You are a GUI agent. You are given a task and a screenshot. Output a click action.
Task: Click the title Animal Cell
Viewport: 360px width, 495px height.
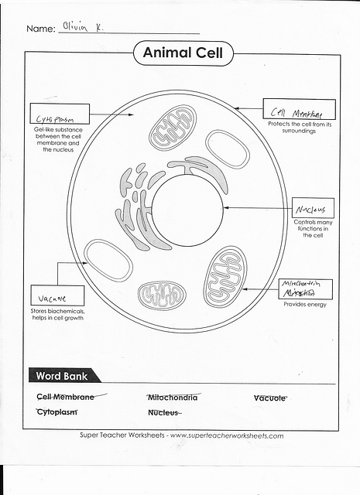tap(183, 53)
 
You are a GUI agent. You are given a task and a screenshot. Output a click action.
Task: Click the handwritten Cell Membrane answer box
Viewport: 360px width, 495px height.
tap(299, 108)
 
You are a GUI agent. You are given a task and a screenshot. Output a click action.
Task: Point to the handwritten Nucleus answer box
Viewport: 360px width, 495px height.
tap(314, 209)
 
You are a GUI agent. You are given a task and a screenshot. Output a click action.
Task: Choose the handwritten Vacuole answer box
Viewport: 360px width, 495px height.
tap(50, 295)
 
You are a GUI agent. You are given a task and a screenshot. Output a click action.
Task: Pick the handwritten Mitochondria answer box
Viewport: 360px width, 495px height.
tap(304, 288)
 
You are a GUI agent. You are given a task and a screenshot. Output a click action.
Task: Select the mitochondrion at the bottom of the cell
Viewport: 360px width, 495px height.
tap(161, 294)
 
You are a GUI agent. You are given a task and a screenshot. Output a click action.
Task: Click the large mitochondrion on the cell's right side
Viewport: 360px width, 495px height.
tap(225, 275)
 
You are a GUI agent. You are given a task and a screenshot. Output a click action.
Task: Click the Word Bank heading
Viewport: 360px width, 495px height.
tap(62, 377)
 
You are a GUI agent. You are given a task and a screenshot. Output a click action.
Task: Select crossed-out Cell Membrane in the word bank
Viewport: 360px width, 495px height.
tap(66, 398)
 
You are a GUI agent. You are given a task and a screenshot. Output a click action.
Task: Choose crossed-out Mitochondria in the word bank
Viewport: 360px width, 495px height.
tap(172, 398)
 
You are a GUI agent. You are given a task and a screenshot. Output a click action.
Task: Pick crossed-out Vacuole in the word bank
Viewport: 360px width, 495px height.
tap(270, 398)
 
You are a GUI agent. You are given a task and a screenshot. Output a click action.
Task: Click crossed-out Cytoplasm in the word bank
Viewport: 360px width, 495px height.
tap(57, 412)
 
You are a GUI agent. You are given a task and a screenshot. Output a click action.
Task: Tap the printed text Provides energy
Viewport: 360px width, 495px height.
tap(305, 305)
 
